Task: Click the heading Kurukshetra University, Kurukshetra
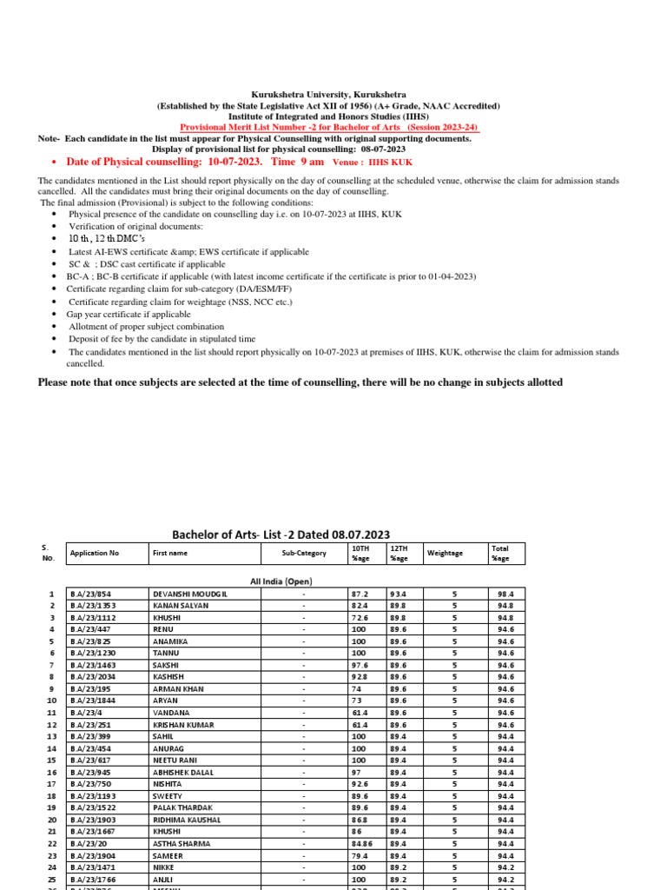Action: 328,94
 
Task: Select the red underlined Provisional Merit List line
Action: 328,127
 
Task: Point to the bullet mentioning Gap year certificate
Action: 129,314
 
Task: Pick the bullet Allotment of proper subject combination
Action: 146,326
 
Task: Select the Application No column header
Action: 95,553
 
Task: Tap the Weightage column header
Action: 446,553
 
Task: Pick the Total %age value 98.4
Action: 505,594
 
